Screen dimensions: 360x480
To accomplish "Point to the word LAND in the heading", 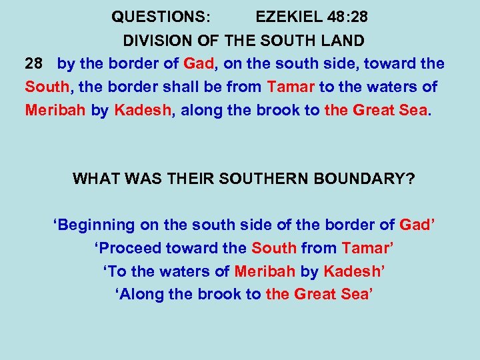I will pos(344,41).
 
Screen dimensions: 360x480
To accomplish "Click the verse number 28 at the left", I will pos(33,65).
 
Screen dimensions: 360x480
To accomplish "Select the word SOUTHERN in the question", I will pos(256,179).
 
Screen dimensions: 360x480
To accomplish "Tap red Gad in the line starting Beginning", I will pos(415,225).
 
